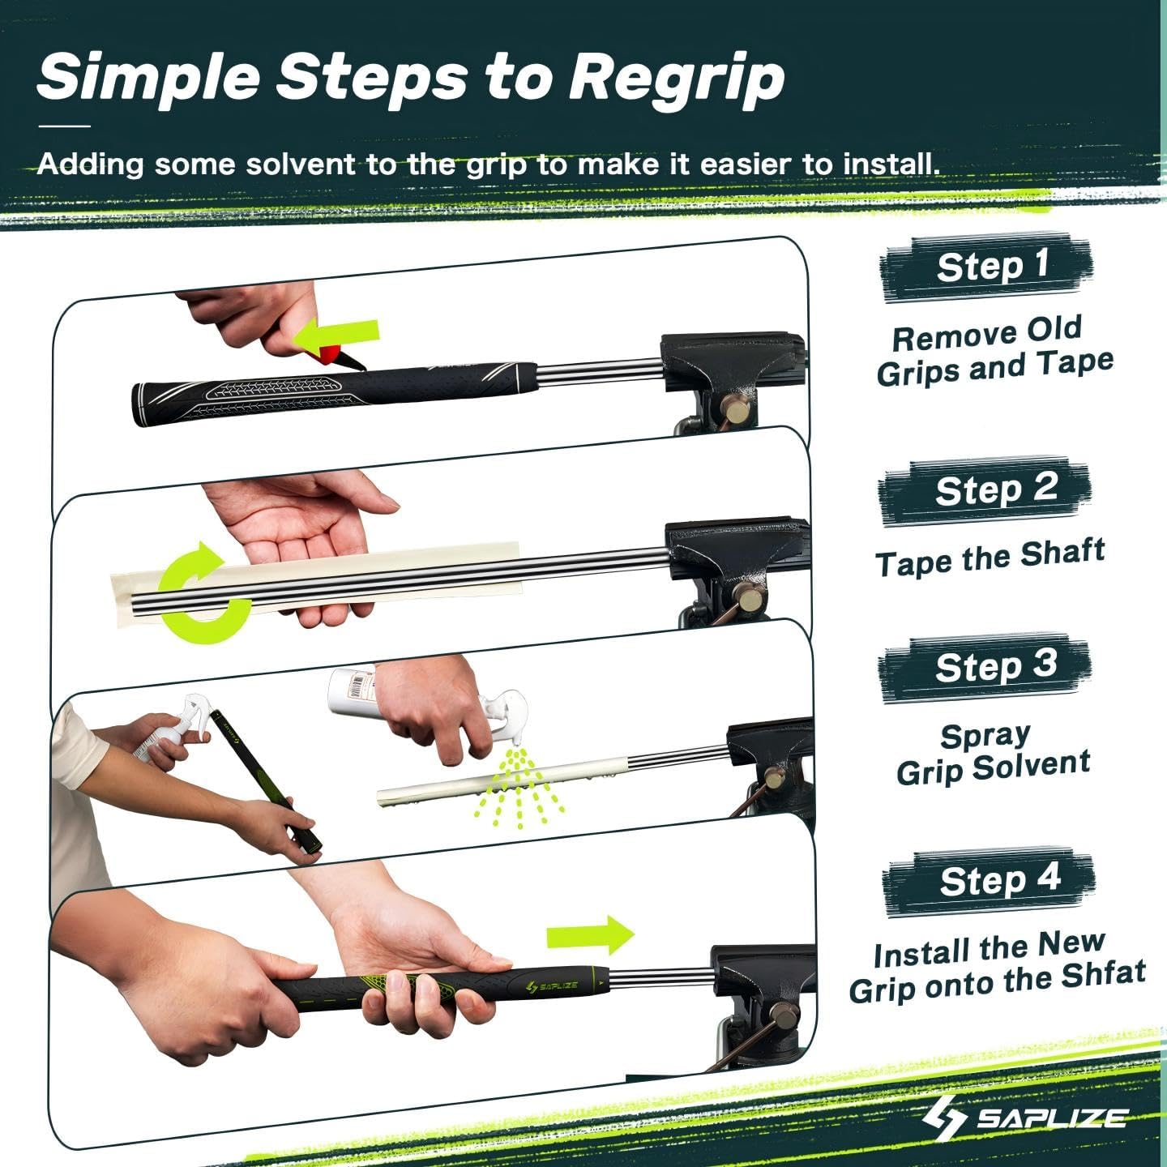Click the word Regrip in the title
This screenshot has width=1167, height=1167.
[x=676, y=79]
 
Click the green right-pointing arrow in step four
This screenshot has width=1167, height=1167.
[x=590, y=935]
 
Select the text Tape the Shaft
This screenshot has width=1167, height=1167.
[x=990, y=558]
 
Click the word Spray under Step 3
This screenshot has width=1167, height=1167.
[x=985, y=736]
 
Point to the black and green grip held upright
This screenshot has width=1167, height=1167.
[x=267, y=782]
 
